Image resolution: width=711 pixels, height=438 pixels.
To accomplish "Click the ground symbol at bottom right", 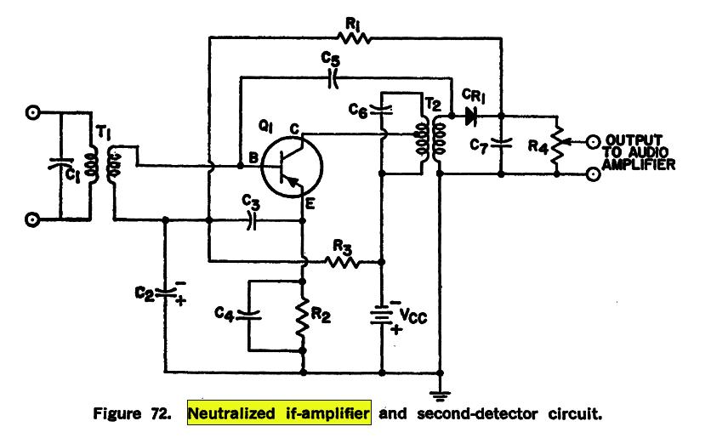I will [440, 393].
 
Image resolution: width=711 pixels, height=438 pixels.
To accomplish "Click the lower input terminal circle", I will [32, 219].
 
